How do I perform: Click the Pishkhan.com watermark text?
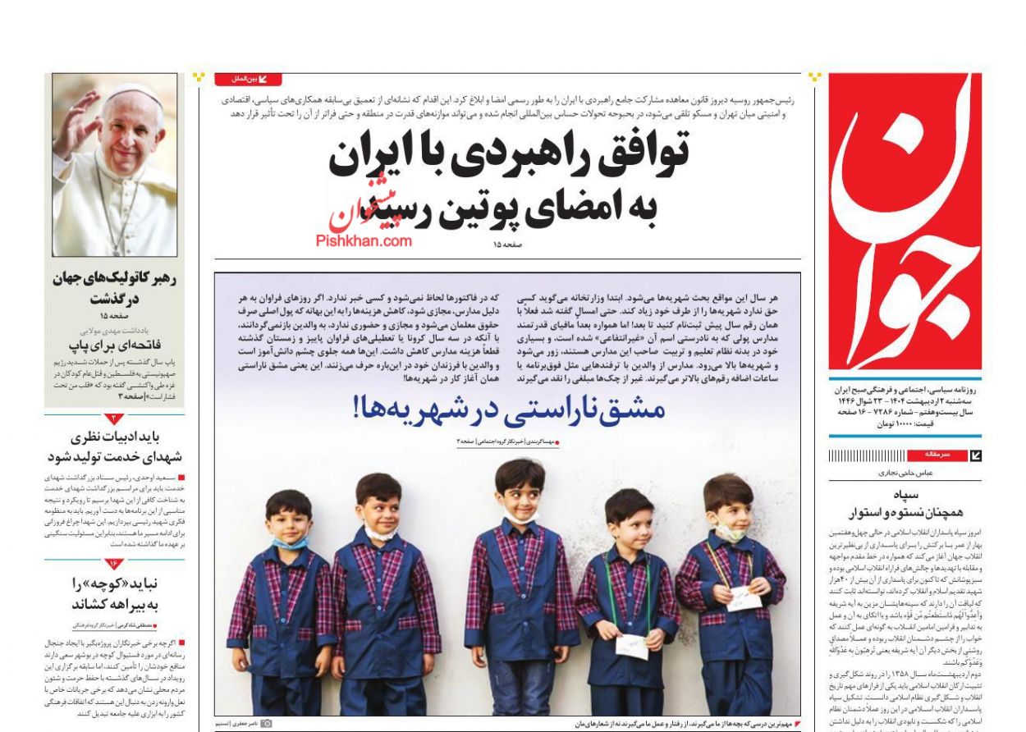tap(364, 240)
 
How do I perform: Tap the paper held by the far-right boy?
tap(744, 598)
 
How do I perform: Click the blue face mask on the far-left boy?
tap(290, 542)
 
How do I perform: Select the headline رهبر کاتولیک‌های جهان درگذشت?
tap(115, 287)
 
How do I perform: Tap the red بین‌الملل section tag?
tap(248, 80)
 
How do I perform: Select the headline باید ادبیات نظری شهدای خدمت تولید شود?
tap(115, 447)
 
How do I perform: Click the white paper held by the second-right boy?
tap(632, 645)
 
